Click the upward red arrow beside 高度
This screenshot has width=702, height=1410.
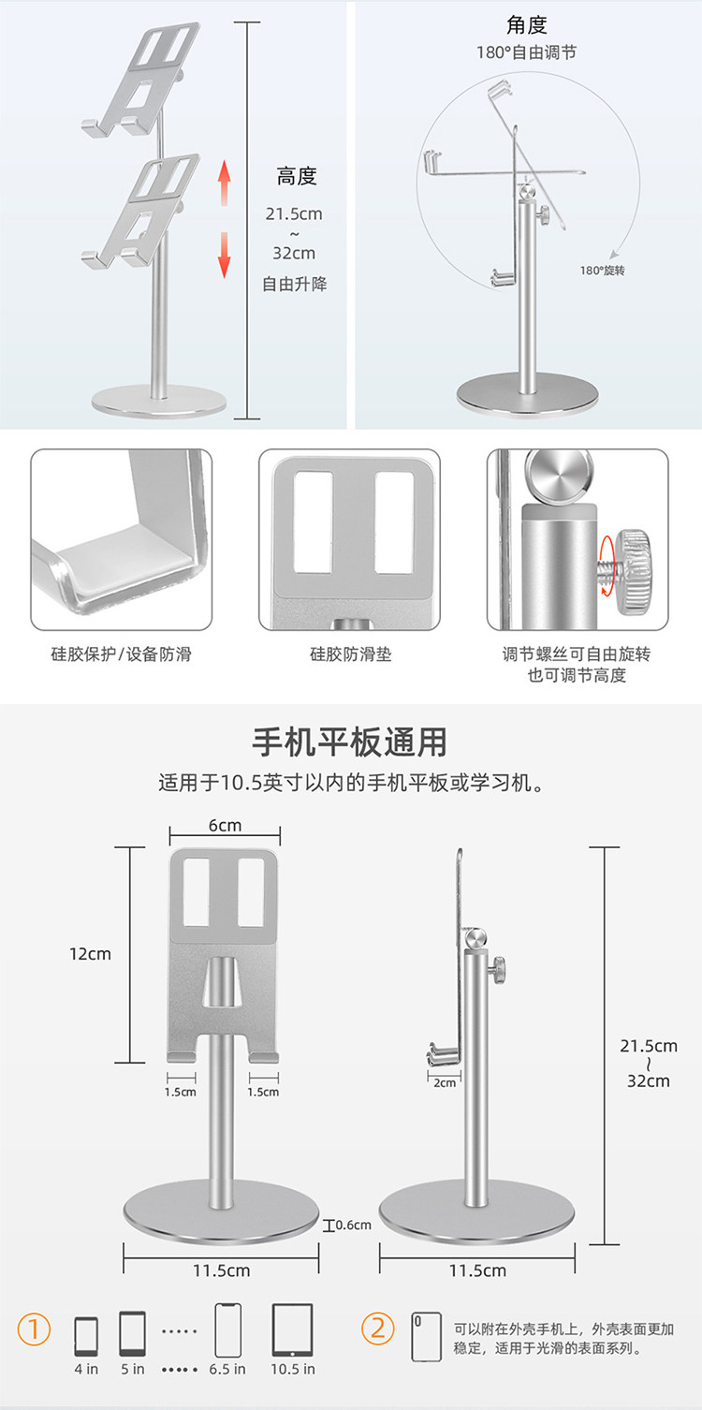(225, 184)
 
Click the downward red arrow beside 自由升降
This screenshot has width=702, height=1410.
(225, 254)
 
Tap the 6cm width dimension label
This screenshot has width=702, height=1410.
(225, 825)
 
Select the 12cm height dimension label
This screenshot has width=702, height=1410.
(90, 954)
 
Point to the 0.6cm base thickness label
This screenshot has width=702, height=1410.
(353, 1225)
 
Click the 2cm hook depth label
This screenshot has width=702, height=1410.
(445, 1082)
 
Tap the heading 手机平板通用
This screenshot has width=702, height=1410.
(350, 742)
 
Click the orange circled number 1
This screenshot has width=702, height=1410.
(34, 1329)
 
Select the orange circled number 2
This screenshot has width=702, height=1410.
(377, 1329)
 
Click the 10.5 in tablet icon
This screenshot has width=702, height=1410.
(292, 1330)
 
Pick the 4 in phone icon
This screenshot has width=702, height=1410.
(86, 1336)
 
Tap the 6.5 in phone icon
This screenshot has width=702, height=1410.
(227, 1329)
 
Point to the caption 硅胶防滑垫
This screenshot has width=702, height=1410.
(350, 654)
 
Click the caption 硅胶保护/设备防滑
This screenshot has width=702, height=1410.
(121, 654)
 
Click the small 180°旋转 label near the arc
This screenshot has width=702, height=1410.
(602, 271)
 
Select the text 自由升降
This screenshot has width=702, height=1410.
(295, 284)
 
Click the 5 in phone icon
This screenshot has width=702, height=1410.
(132, 1333)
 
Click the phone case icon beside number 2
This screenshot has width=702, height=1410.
(427, 1336)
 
